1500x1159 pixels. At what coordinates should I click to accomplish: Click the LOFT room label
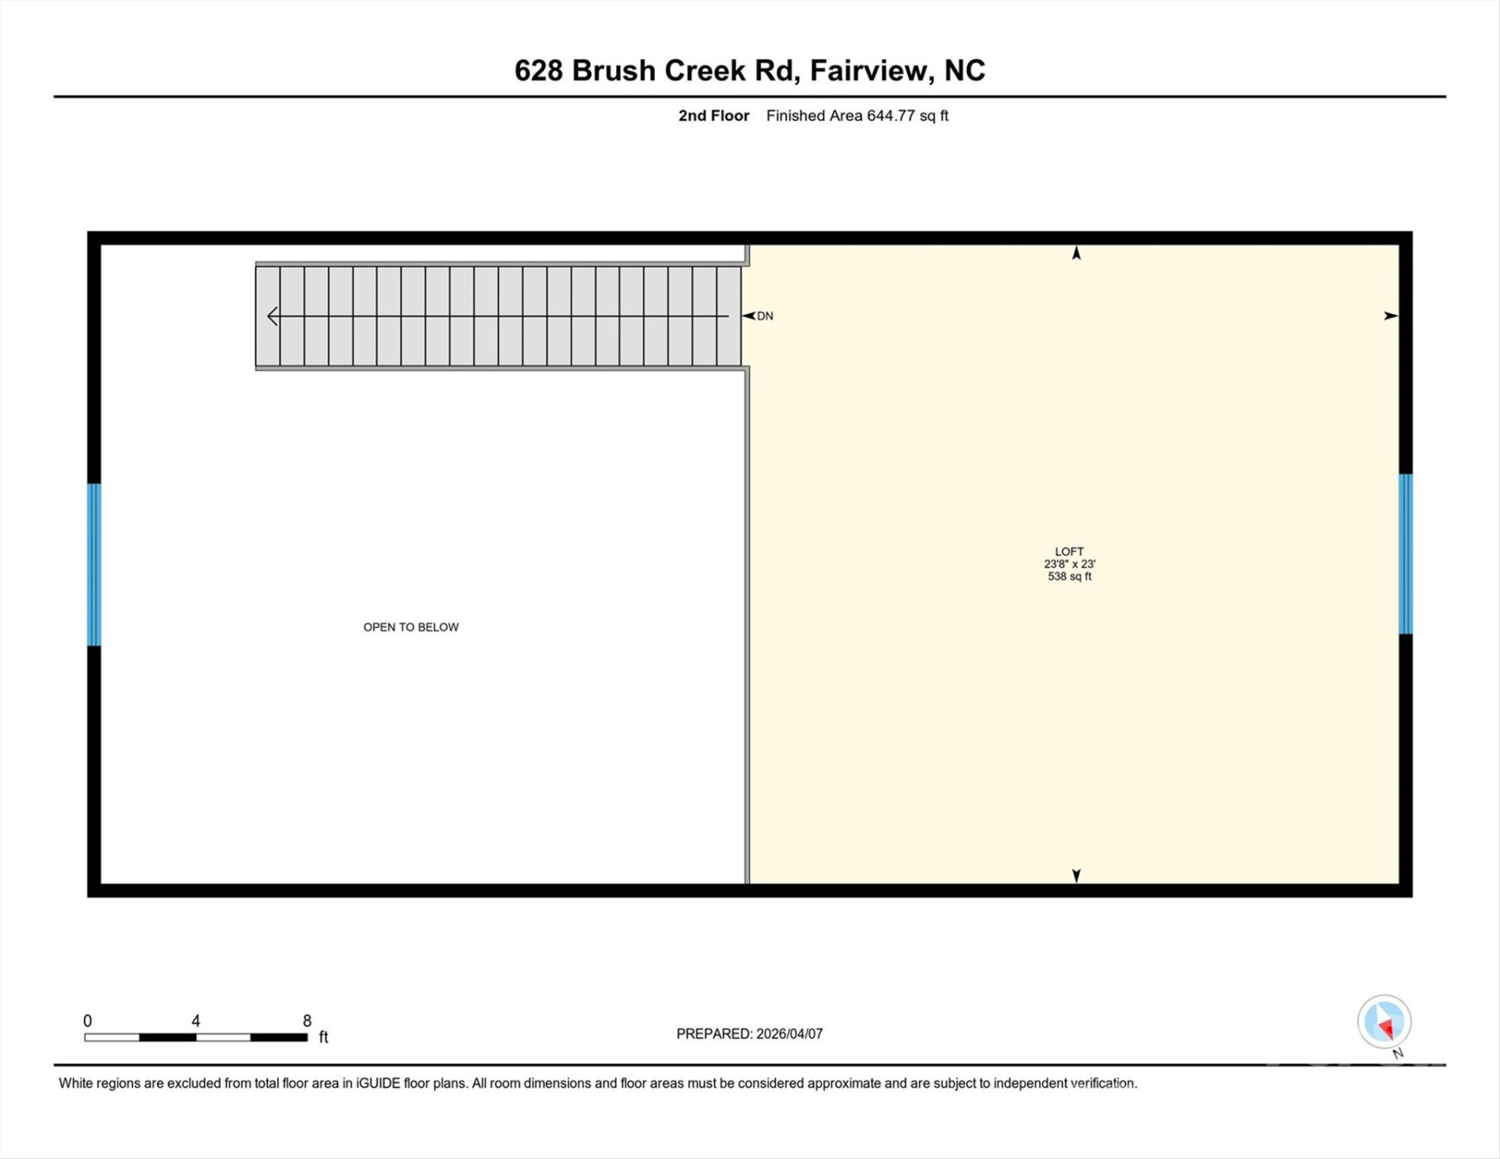click(x=1069, y=551)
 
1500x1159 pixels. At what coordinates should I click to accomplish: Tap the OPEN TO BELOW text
click(x=410, y=627)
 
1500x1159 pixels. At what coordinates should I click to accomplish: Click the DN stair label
click(x=764, y=316)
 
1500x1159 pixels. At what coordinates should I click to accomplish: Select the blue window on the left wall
click(x=94, y=564)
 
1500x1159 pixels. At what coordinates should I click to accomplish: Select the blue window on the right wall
click(x=1405, y=554)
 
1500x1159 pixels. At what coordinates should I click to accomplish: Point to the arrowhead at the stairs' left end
click(x=273, y=316)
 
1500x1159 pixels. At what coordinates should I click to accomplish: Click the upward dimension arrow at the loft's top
click(x=1076, y=254)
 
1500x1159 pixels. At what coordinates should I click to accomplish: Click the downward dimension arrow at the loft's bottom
click(x=1076, y=875)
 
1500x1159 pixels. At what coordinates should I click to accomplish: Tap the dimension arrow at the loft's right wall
click(x=1390, y=316)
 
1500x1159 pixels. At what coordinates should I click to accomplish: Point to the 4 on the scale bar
click(x=196, y=1021)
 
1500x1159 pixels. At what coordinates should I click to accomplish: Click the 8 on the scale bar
click(x=307, y=1021)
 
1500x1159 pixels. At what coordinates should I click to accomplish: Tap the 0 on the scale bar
click(x=88, y=1021)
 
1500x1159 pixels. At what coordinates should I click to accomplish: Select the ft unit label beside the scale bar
click(x=323, y=1037)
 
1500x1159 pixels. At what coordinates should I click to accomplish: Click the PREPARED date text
click(x=749, y=1034)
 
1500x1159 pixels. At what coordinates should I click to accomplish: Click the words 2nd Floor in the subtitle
click(x=713, y=116)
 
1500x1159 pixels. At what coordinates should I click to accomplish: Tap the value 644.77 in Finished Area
click(x=890, y=116)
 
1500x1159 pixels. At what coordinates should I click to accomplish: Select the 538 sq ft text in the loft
click(x=1069, y=576)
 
